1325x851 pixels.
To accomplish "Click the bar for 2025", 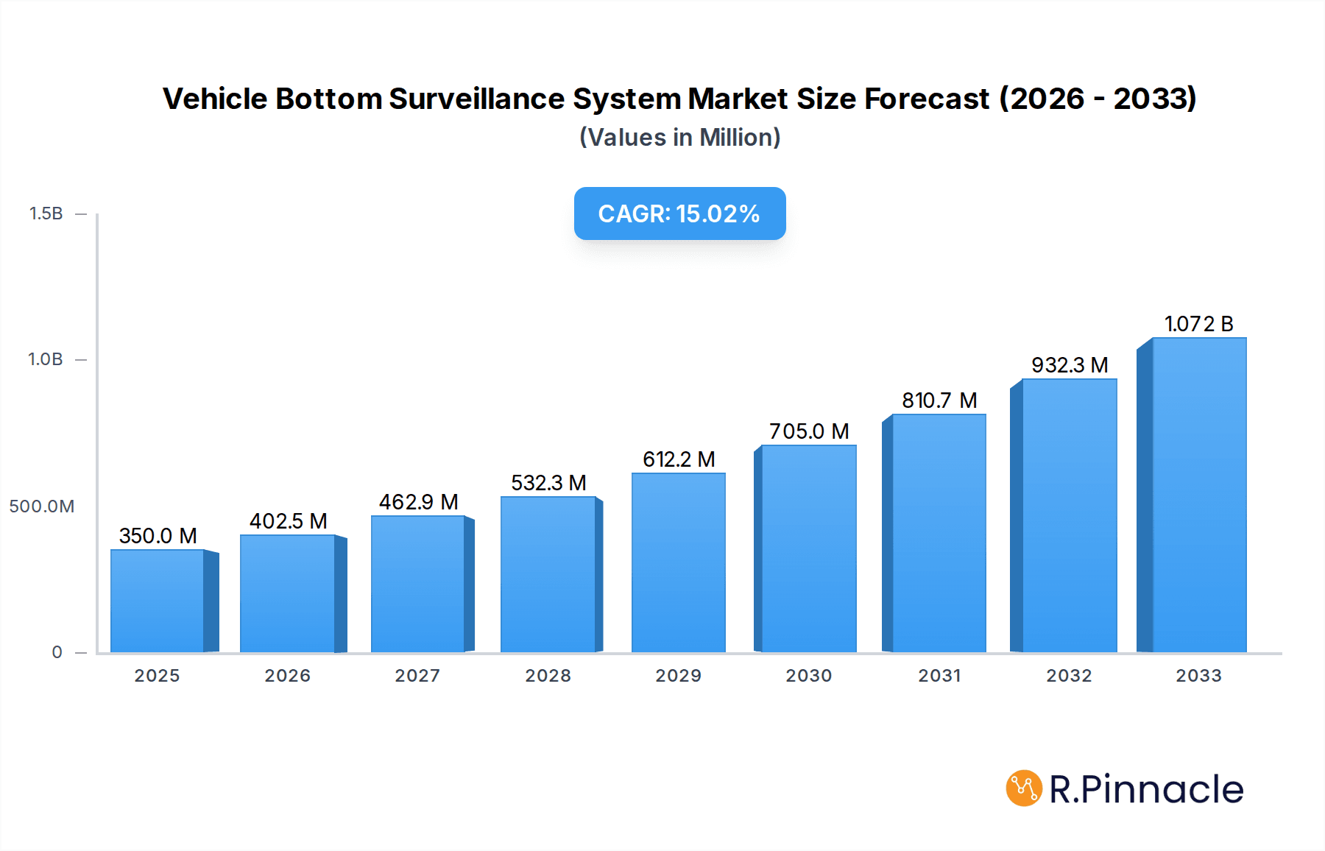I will (158, 601).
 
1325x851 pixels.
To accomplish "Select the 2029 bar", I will (679, 562).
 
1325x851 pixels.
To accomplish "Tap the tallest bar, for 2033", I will (1199, 495).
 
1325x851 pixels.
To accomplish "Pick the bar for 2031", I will (939, 533).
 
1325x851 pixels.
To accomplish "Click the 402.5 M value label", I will (289, 521).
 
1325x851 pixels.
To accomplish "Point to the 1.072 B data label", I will (1198, 324).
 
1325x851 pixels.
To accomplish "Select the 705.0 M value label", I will (809, 431).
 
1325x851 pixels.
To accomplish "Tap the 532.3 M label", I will (548, 483).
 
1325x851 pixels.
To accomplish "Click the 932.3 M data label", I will (1070, 365).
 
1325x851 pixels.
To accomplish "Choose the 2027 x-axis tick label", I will (417, 676).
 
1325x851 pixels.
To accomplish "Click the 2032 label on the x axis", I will (1069, 676).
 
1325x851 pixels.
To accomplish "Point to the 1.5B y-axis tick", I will (46, 213).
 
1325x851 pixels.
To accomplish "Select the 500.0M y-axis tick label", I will (42, 506).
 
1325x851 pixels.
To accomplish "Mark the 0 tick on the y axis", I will (57, 652).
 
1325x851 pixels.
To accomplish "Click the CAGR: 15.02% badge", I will (679, 213).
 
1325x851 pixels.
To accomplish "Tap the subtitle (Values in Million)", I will (679, 138).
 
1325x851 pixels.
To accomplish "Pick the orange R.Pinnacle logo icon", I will (1023, 788).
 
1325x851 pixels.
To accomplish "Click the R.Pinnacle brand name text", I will (1146, 789).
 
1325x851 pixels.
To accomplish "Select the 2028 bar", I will (548, 574).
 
